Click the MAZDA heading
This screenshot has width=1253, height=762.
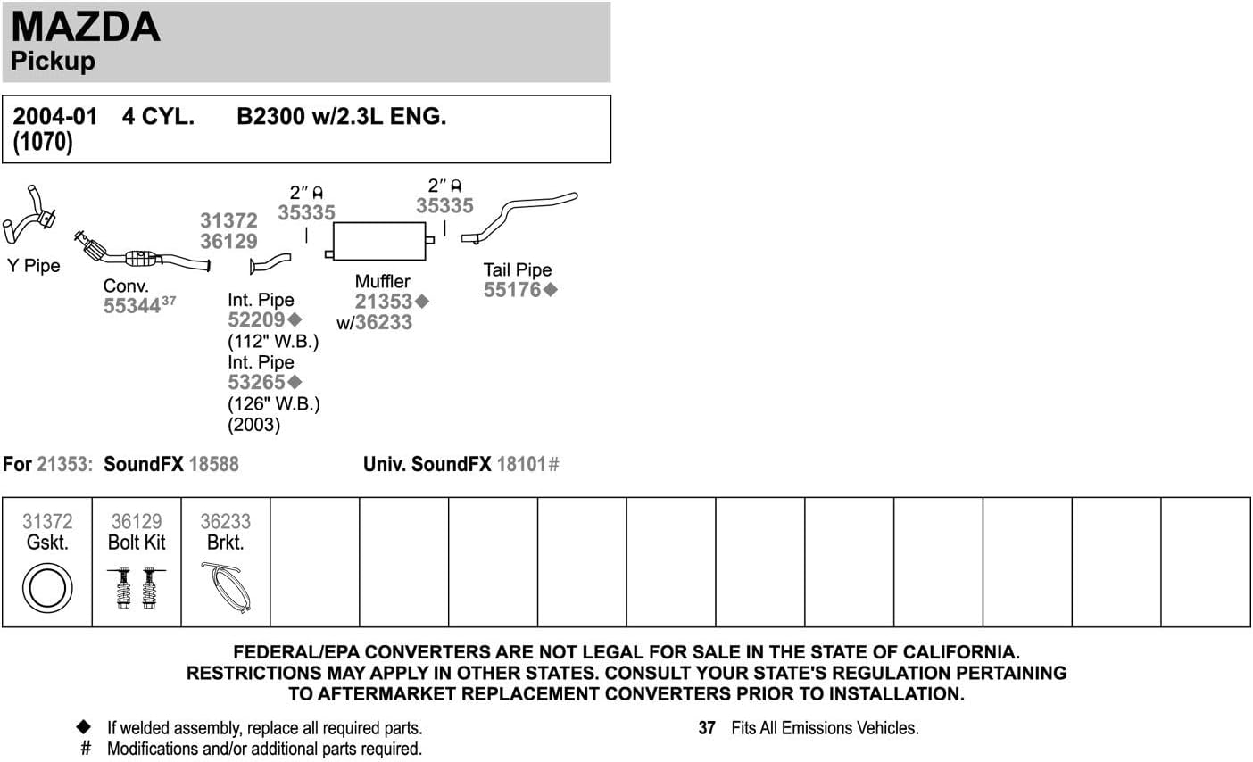pyautogui.click(x=86, y=26)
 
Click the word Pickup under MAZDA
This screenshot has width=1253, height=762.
pyautogui.click(x=54, y=61)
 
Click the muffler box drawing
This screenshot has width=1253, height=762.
pyautogui.click(x=379, y=241)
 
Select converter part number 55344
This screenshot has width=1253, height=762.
pyautogui.click(x=132, y=306)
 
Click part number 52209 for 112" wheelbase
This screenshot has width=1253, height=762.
pyautogui.click(x=257, y=319)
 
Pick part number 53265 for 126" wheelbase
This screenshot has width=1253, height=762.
pyautogui.click(x=257, y=383)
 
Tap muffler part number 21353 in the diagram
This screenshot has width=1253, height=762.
pyautogui.click(x=384, y=302)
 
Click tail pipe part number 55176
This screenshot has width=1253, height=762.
pyautogui.click(x=512, y=290)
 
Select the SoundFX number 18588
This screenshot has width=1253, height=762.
pyautogui.click(x=213, y=464)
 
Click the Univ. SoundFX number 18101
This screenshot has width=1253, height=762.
pyautogui.click(x=521, y=464)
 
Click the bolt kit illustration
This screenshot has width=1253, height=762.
pyautogui.click(x=137, y=588)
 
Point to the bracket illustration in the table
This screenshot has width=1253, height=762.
pyautogui.click(x=226, y=587)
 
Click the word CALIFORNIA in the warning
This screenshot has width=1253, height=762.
pyautogui.click(x=961, y=652)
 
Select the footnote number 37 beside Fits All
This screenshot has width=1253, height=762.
pyautogui.click(x=707, y=728)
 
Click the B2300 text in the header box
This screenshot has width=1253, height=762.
pyautogui.click(x=271, y=116)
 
